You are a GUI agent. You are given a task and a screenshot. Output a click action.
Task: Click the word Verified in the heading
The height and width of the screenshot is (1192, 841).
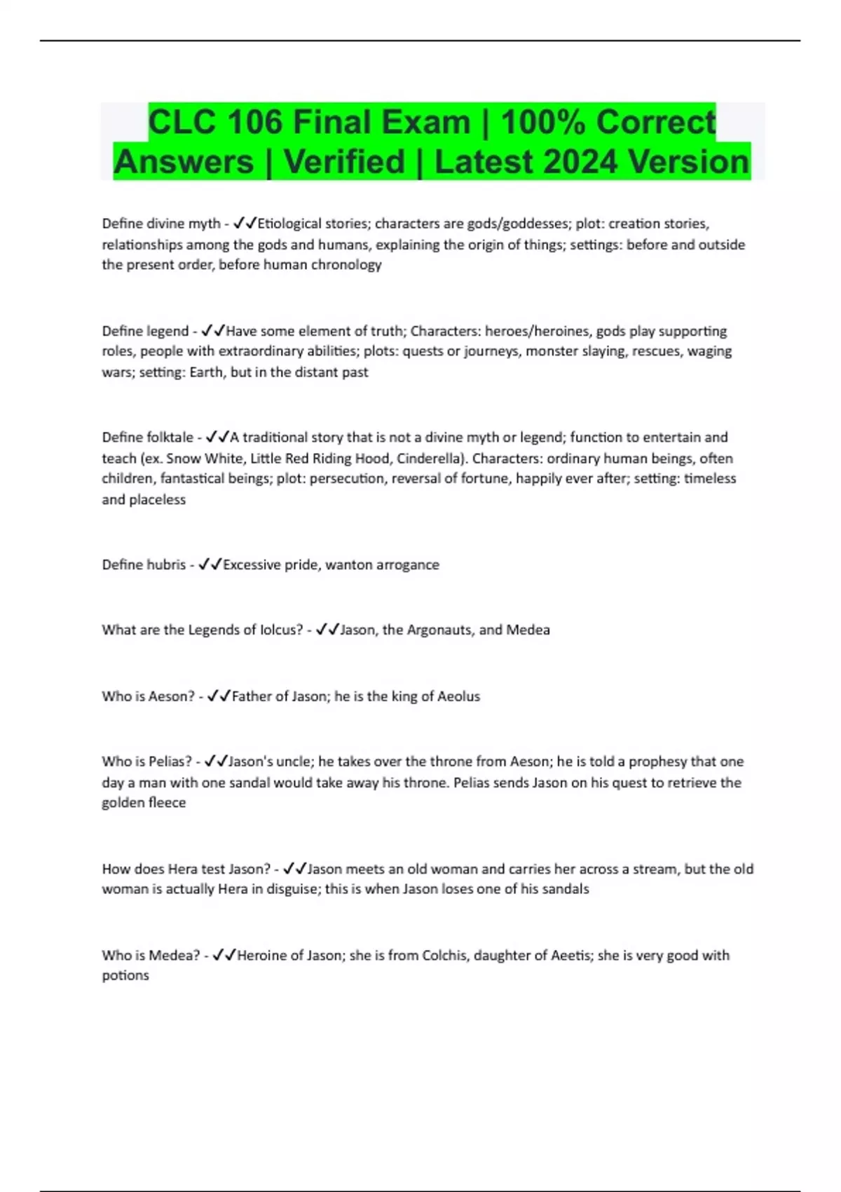point(345,162)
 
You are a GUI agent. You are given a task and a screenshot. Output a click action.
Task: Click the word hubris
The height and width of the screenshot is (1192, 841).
point(166,565)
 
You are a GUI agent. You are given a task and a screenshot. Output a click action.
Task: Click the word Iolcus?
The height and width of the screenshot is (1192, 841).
point(281,630)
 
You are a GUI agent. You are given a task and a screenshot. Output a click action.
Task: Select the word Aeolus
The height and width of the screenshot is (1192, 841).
point(458,697)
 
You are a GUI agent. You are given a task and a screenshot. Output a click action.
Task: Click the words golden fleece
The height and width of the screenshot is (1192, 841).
point(144,804)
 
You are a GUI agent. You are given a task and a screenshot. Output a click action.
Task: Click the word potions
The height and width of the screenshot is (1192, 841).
point(125,976)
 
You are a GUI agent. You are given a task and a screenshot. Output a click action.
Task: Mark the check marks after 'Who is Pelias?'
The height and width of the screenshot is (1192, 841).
point(216,762)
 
